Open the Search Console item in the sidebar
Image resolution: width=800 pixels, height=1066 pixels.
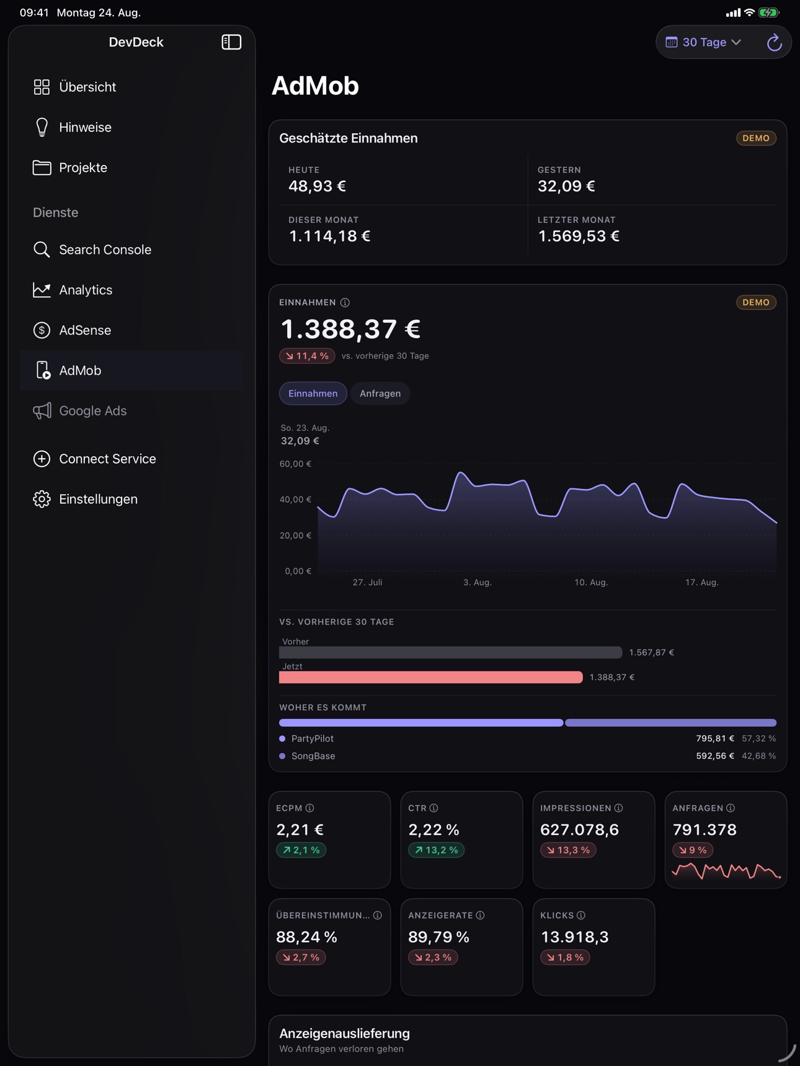(92, 250)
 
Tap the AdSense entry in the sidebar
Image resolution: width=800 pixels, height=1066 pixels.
(72, 330)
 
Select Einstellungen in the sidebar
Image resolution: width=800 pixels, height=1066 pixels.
(85, 499)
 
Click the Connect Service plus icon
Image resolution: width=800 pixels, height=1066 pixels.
(42, 459)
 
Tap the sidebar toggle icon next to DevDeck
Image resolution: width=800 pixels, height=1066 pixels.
(231, 42)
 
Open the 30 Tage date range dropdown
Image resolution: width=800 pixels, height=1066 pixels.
(704, 42)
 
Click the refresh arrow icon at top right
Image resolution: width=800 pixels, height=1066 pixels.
(774, 42)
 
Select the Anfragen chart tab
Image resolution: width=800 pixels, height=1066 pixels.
(380, 394)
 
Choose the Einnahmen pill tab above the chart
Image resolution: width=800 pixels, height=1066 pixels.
(313, 394)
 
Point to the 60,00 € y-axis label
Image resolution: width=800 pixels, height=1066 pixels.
(296, 464)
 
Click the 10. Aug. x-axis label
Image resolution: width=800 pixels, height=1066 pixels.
(591, 583)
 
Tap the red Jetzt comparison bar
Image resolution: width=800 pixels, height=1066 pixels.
(431, 677)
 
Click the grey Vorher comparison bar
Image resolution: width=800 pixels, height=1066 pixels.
(451, 653)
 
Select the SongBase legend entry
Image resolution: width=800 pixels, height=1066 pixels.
(308, 756)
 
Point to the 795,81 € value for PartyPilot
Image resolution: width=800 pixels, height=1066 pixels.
(715, 739)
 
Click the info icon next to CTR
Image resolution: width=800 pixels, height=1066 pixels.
(434, 808)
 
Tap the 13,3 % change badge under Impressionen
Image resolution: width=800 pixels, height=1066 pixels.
(568, 850)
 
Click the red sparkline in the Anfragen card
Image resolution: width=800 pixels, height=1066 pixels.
(726, 871)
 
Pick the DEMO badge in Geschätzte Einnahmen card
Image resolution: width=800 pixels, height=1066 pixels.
(756, 138)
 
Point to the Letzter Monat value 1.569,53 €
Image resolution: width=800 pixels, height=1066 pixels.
(579, 236)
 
